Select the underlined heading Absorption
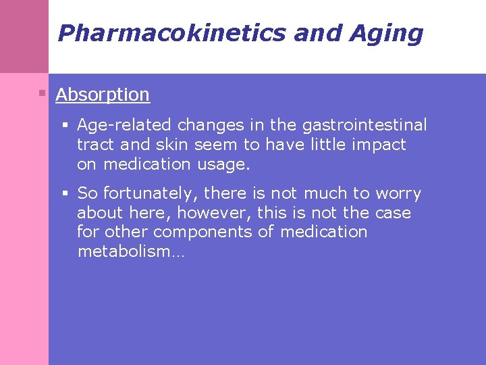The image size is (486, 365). click(103, 95)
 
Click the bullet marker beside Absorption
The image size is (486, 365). click(42, 93)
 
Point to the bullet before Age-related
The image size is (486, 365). click(65, 125)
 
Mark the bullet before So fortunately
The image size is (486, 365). click(65, 194)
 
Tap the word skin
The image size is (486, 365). click(210, 145)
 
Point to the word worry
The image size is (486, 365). click(398, 194)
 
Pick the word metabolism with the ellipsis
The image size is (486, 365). click(131, 252)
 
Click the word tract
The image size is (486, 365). click(95, 145)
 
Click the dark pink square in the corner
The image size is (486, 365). click(24, 36)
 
